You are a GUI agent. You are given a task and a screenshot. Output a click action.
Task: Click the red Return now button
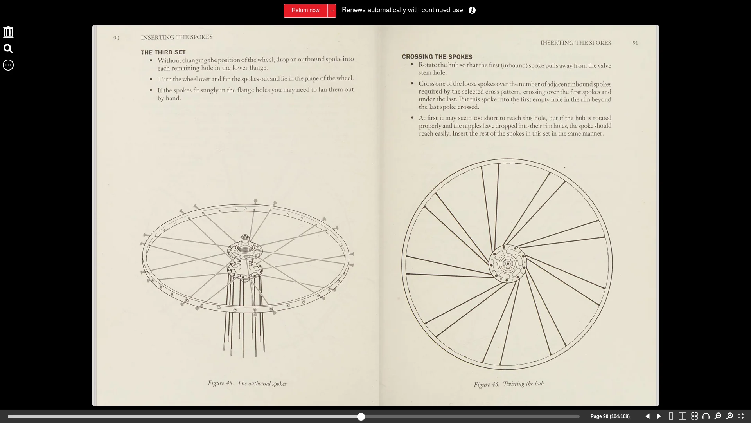[305, 11]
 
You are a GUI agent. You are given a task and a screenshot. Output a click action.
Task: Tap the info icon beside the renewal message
[472, 11]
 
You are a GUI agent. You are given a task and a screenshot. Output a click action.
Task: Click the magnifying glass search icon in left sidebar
[8, 49]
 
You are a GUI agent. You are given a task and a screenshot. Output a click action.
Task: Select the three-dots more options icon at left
[8, 65]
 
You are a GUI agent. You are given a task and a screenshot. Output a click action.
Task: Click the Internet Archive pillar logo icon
[8, 32]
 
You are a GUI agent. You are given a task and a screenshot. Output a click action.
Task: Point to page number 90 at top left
[116, 38]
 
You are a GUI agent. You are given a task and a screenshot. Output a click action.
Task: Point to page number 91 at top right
[635, 43]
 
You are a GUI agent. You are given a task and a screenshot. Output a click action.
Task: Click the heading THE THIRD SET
[163, 52]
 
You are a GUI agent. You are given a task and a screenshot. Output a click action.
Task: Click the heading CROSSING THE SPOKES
[437, 57]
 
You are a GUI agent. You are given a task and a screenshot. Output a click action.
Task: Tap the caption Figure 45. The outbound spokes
[247, 383]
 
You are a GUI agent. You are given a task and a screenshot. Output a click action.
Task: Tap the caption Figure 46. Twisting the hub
[508, 384]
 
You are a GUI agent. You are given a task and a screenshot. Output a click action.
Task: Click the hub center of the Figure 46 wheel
[508, 264]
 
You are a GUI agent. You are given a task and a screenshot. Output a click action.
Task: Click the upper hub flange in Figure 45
[245, 249]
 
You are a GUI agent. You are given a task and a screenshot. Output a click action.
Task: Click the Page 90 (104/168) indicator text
[610, 416]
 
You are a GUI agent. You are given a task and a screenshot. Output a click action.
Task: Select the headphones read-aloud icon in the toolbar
[706, 416]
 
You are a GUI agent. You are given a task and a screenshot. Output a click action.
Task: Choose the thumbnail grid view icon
[694, 416]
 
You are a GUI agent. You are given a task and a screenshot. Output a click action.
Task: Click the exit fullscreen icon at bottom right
[741, 416]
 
